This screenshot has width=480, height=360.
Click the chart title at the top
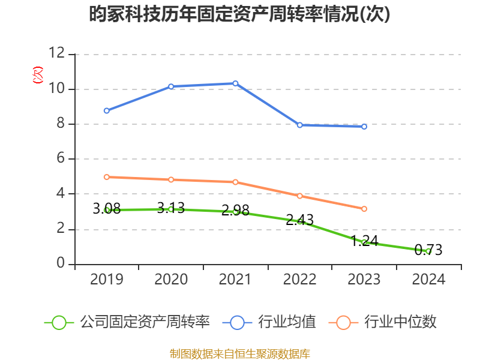click(x=240, y=14)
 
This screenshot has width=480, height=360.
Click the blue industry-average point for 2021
click(x=235, y=83)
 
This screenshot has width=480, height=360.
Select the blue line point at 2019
click(x=107, y=110)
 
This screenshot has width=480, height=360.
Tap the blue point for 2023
click(x=364, y=127)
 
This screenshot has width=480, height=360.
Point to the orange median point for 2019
click(x=107, y=177)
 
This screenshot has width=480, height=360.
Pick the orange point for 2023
click(x=364, y=209)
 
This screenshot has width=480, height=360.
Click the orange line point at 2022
click(x=299, y=196)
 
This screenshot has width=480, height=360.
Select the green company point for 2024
click(x=428, y=251)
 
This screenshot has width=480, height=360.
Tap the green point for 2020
click(x=171, y=209)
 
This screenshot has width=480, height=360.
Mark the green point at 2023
click(x=364, y=242)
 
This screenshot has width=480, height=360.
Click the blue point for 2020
click(x=171, y=86)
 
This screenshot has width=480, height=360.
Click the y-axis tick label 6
click(x=60, y=159)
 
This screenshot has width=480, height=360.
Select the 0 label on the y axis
click(x=60, y=264)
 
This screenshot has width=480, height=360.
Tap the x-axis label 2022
click(x=299, y=280)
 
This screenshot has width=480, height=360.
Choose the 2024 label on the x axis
click(x=428, y=280)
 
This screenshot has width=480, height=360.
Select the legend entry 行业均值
click(x=271, y=322)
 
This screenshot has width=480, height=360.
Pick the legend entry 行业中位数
click(x=384, y=322)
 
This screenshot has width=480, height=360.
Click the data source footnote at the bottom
click(x=240, y=353)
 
